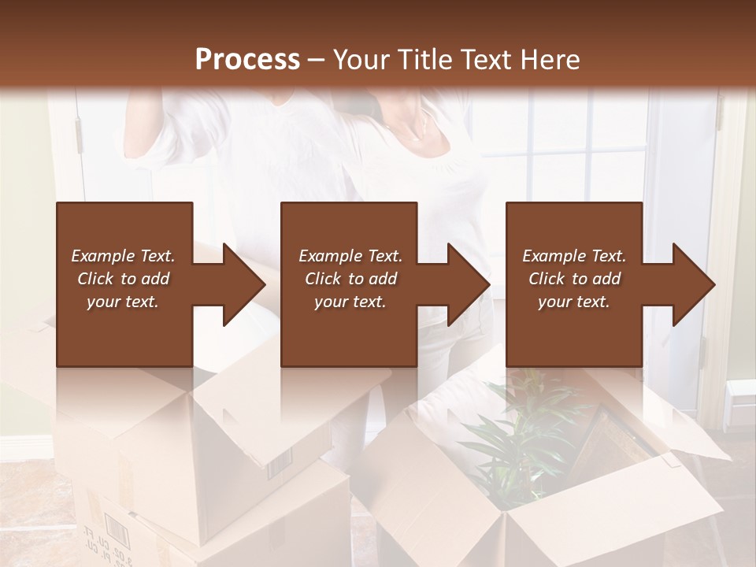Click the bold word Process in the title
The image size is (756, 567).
pyautogui.click(x=247, y=59)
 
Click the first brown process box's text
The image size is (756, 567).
pyautogui.click(x=123, y=279)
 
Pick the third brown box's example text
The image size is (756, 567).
pyautogui.click(x=574, y=279)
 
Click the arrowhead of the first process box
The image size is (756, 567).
pyautogui.click(x=244, y=284)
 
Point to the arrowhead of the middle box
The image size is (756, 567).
pyautogui.click(x=469, y=284)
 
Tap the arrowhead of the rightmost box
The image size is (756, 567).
pyautogui.click(x=695, y=284)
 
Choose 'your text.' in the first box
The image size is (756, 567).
pyautogui.click(x=123, y=302)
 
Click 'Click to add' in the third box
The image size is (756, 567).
pyautogui.click(x=574, y=279)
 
